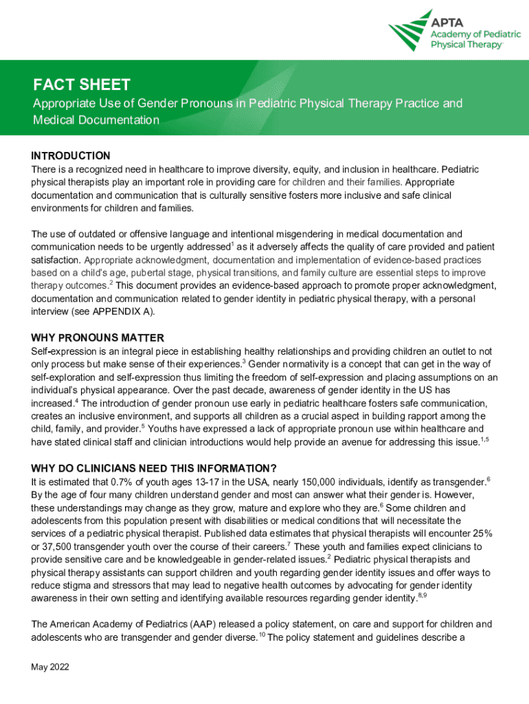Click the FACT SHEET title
[82, 85]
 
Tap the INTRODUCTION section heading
[71, 155]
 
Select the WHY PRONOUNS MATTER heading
[98, 338]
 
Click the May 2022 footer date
[50, 667]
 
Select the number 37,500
[61, 534]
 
